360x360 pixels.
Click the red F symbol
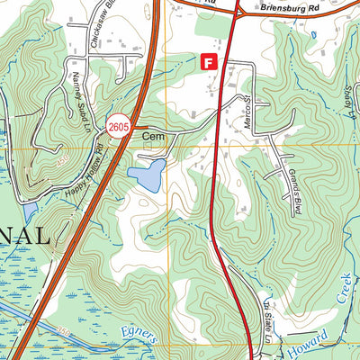[x=209, y=62]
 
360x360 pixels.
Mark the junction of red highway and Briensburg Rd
[x=238, y=12]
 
